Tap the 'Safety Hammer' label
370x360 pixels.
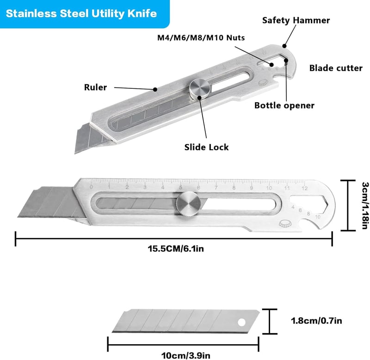[x=296, y=20]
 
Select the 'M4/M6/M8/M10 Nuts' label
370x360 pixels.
[x=201, y=37]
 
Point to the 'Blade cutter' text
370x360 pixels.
[x=336, y=68]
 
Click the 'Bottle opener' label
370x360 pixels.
[x=284, y=105]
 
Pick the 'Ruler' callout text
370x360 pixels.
[x=95, y=87]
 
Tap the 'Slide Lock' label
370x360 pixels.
[x=206, y=147]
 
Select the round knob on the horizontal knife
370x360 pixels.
[x=189, y=203]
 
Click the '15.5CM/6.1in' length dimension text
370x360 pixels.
[x=176, y=249]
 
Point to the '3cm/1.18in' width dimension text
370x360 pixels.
[x=365, y=205]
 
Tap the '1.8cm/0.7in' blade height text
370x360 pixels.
[x=316, y=321]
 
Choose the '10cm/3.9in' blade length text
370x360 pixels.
[x=185, y=355]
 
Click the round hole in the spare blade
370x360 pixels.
[x=241, y=323]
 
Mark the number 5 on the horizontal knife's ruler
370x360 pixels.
[x=180, y=188]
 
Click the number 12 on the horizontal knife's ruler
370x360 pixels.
[x=305, y=188]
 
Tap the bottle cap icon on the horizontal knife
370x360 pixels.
[x=285, y=224]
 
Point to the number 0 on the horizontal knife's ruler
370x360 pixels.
[x=91, y=187]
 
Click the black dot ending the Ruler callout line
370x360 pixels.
[x=155, y=89]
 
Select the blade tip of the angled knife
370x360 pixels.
[x=75, y=153]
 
